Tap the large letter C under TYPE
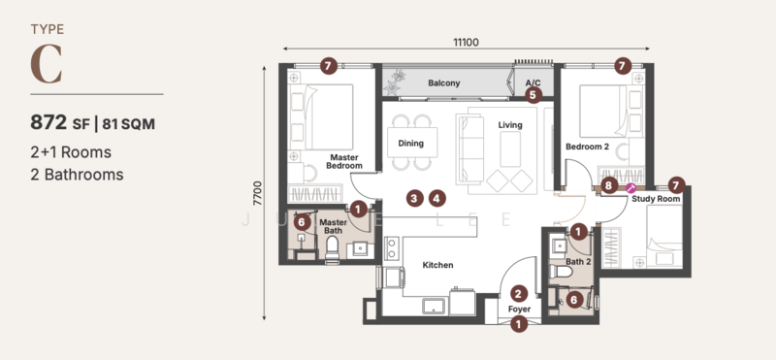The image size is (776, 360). click(48, 64)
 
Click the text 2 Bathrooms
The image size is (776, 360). click(77, 175)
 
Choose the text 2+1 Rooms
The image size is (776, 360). click(71, 152)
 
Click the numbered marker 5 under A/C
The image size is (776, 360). click(533, 95)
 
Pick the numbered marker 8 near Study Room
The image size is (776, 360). click(608, 184)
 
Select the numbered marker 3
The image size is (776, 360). click(414, 198)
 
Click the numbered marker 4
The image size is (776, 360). click(437, 198)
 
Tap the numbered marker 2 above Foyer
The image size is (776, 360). click(519, 293)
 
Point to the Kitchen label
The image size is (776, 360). click(436, 265)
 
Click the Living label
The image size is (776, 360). click(510, 125)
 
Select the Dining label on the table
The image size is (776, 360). click(411, 144)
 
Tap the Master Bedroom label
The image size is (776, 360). click(344, 161)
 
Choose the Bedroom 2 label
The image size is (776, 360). click(587, 147)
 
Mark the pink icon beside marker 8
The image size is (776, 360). click(630, 186)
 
